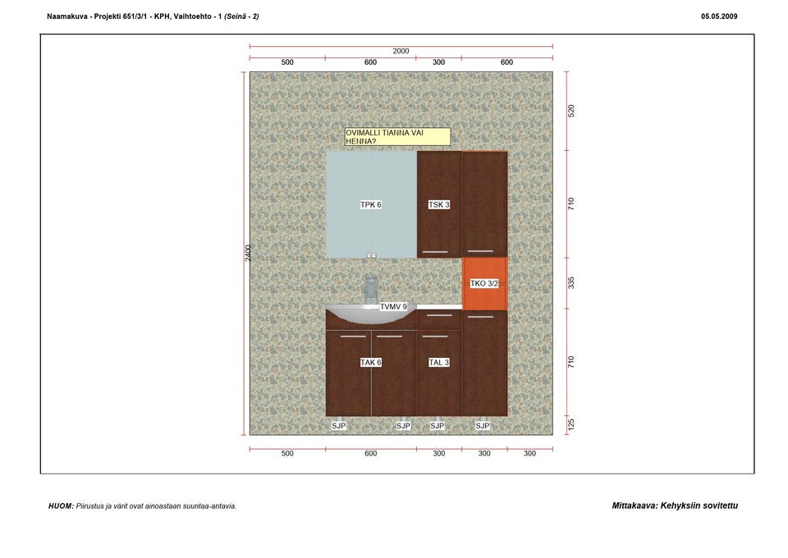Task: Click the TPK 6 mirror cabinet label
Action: point(371,204)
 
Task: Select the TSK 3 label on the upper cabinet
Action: point(438,204)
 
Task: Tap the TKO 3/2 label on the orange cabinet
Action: point(484,283)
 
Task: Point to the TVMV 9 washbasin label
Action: point(393,306)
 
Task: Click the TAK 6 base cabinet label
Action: point(371,362)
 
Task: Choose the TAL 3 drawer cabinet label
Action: point(438,362)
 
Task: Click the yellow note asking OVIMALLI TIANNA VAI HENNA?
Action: point(397,137)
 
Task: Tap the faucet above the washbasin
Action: point(371,290)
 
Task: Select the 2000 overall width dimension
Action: point(401,51)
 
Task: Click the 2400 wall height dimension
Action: point(248,253)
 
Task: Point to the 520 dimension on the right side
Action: point(571,111)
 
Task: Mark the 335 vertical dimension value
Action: point(571,283)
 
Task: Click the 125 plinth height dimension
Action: point(571,425)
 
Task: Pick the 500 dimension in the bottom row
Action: point(287,453)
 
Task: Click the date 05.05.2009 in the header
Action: point(719,16)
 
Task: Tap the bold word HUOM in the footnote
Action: point(61,505)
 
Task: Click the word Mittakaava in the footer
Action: point(635,505)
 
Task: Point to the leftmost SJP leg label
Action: point(339,425)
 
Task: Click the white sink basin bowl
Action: point(372,314)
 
